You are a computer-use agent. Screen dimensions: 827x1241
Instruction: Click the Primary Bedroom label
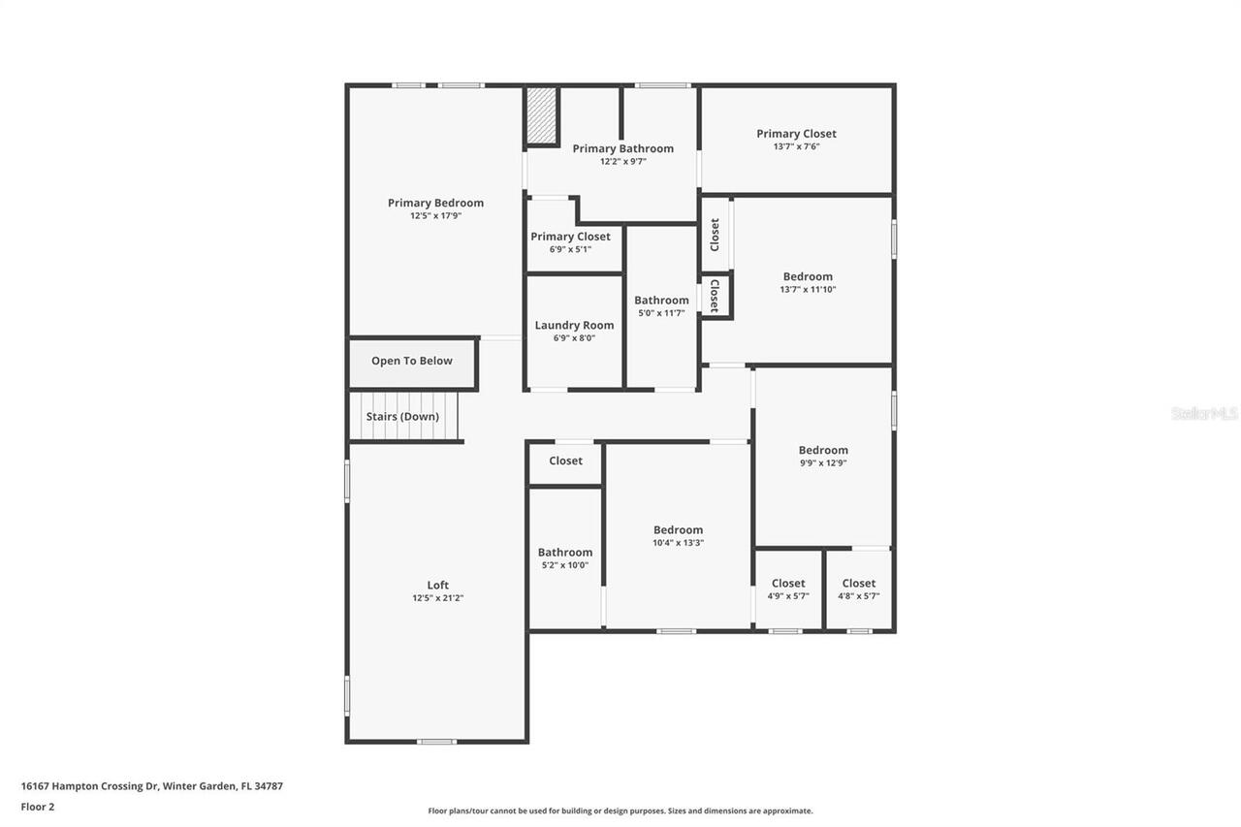pyautogui.click(x=435, y=203)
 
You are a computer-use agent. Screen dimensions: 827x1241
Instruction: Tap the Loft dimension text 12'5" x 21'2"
pyautogui.click(x=437, y=598)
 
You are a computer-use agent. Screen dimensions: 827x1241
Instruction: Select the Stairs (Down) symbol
pyautogui.click(x=403, y=416)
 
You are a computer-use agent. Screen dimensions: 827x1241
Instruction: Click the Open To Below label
pyautogui.click(x=412, y=361)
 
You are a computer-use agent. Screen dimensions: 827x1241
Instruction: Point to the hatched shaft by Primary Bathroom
pyautogui.click(x=542, y=116)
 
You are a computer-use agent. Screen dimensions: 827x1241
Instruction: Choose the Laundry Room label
pyautogui.click(x=574, y=325)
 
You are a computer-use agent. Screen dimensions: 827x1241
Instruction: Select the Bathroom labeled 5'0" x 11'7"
pyautogui.click(x=661, y=301)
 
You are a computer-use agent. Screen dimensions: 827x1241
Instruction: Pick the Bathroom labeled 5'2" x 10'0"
pyautogui.click(x=565, y=553)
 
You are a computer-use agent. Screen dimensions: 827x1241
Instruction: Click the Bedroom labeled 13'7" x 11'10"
pyautogui.click(x=808, y=276)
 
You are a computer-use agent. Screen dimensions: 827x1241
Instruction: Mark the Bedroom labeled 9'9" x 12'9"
pyautogui.click(x=823, y=450)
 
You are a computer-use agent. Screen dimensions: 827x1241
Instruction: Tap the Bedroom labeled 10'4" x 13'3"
pyautogui.click(x=678, y=530)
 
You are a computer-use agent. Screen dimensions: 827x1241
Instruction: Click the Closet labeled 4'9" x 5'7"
pyautogui.click(x=788, y=584)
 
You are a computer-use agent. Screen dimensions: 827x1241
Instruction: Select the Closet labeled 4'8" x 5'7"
pyautogui.click(x=858, y=584)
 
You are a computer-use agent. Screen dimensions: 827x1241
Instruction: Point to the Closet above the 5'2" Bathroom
pyautogui.click(x=565, y=461)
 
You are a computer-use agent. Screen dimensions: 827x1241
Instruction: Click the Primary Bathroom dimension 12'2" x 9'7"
pyautogui.click(x=622, y=162)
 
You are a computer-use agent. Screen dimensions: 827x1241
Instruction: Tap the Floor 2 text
pyautogui.click(x=38, y=806)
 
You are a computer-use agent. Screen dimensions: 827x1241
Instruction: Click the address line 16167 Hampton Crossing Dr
pyautogui.click(x=151, y=786)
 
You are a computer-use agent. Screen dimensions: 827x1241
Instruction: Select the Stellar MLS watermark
pyautogui.click(x=1204, y=413)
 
